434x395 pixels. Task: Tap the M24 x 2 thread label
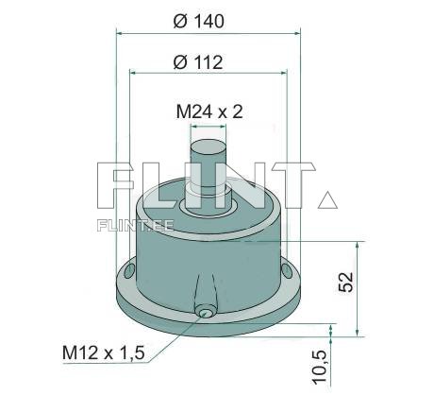coord(209,112)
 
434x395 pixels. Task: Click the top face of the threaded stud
coord(208,145)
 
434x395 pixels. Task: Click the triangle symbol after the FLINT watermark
coord(327,199)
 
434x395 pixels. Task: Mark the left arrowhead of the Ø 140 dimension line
coord(120,32)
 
